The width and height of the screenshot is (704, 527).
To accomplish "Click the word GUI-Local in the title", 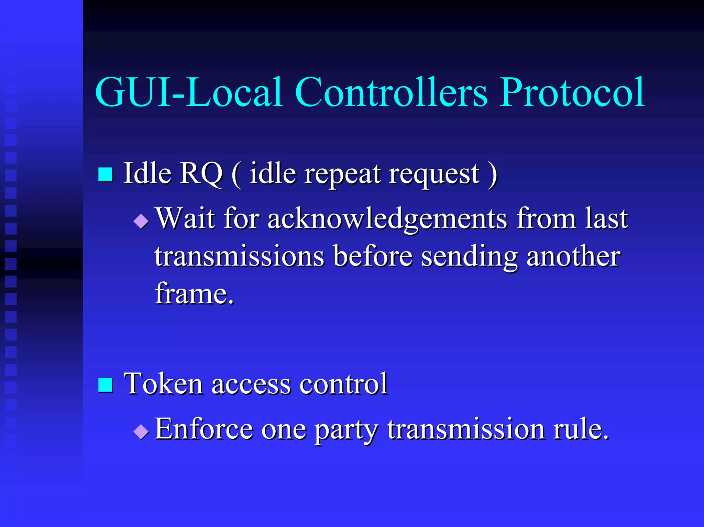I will click(x=189, y=92).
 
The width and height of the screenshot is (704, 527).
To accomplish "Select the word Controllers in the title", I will click(x=391, y=92).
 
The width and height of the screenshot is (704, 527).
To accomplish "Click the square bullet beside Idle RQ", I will click(x=106, y=174).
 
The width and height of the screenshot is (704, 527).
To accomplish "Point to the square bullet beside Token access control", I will click(x=106, y=385).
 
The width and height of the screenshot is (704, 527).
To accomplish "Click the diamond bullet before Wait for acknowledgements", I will click(x=141, y=222).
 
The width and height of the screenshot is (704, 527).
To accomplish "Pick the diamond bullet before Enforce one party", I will click(x=141, y=431).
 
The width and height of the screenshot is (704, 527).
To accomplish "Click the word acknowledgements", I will click(x=387, y=219).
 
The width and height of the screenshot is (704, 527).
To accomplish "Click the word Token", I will click(x=163, y=384).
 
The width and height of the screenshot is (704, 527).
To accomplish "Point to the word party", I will click(x=346, y=430).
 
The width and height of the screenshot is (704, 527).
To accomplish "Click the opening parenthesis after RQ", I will click(x=236, y=175).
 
